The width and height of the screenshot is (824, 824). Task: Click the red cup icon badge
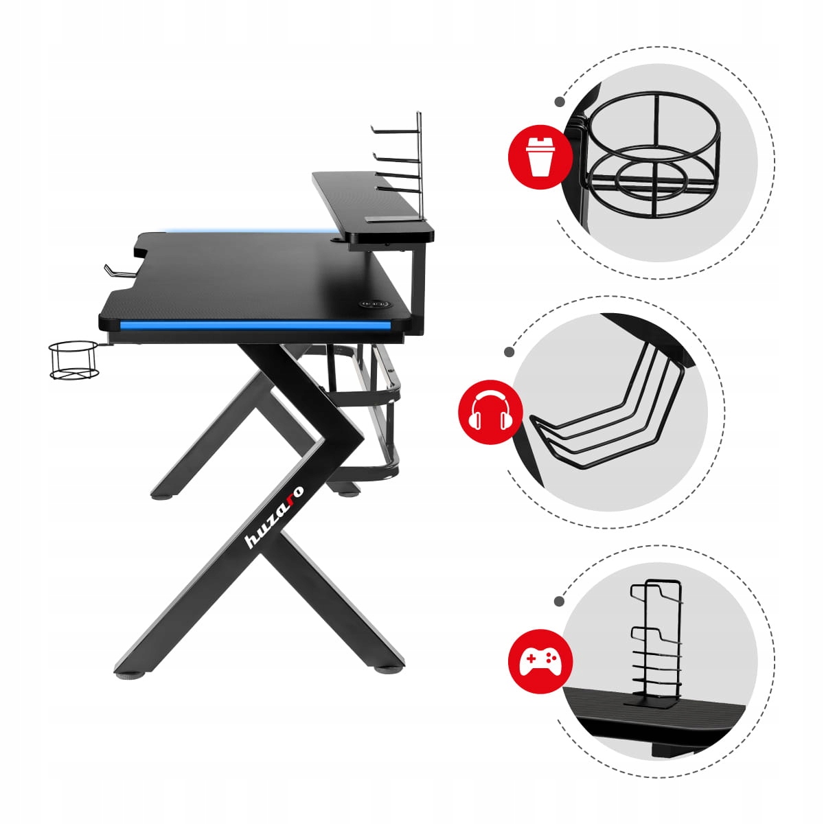point(540,157)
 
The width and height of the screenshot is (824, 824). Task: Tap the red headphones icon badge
point(490,412)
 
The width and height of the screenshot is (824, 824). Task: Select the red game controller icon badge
point(540,661)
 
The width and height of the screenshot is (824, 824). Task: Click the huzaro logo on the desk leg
point(274,516)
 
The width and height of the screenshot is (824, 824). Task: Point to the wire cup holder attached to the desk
point(74,360)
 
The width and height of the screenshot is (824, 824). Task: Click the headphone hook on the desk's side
point(121,271)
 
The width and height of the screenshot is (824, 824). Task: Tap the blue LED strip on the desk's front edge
point(255,326)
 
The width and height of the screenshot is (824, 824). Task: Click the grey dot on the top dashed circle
point(560,102)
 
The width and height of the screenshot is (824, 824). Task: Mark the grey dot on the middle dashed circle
point(509,352)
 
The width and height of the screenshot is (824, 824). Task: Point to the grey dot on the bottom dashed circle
point(559,602)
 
